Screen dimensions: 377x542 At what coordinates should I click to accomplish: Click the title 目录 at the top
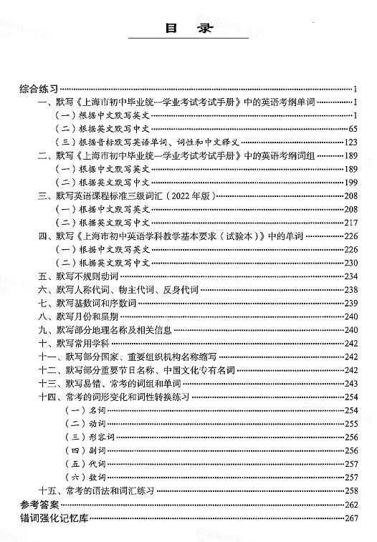[x=187, y=29]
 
